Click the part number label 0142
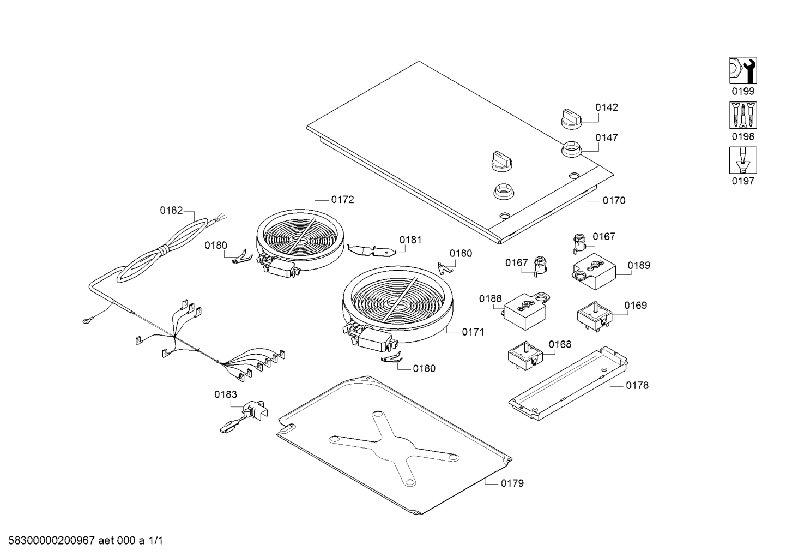pyautogui.click(x=606, y=107)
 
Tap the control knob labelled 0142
pyautogui.click(x=571, y=118)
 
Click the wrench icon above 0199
pyautogui.click(x=743, y=70)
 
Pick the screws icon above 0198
pyautogui.click(x=743, y=115)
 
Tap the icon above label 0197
pyautogui.click(x=743, y=160)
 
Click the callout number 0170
pyautogui.click(x=614, y=200)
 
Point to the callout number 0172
pyautogui.click(x=342, y=200)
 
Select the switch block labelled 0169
pyautogui.click(x=595, y=316)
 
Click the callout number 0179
pyautogui.click(x=512, y=483)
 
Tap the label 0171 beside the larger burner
pyautogui.click(x=473, y=332)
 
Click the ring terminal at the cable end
pyautogui.click(x=86, y=321)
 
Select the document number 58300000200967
pyautogui.click(x=52, y=541)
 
